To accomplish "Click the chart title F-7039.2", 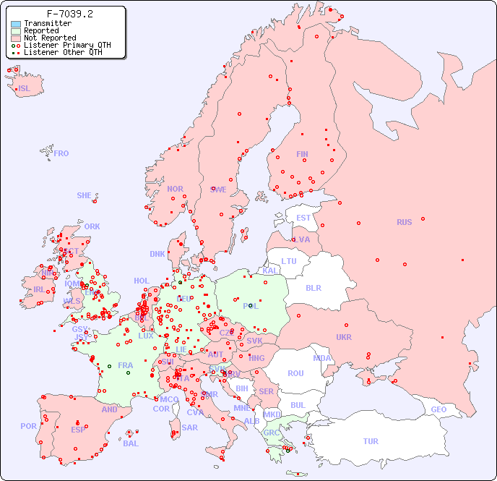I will [x=69, y=14].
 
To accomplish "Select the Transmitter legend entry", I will [x=47, y=24].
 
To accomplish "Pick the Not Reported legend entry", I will [x=49, y=38].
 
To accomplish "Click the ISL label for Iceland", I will [x=25, y=89].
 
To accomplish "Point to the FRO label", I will [x=61, y=153].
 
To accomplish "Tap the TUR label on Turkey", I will [x=371, y=441].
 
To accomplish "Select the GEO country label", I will [x=438, y=409].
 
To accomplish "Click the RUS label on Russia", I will [x=404, y=222].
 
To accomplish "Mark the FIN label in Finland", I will [x=302, y=154].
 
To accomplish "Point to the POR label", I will [x=28, y=426].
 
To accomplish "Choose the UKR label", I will [x=344, y=337].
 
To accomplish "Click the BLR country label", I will [x=313, y=287].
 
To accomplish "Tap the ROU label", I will [x=295, y=373].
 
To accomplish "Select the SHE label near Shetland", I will [x=85, y=195].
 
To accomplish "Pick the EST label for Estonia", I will [x=303, y=218].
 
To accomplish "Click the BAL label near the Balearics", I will [x=130, y=443].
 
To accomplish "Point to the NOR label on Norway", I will [x=175, y=189].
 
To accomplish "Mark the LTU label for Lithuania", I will [x=289, y=261].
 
